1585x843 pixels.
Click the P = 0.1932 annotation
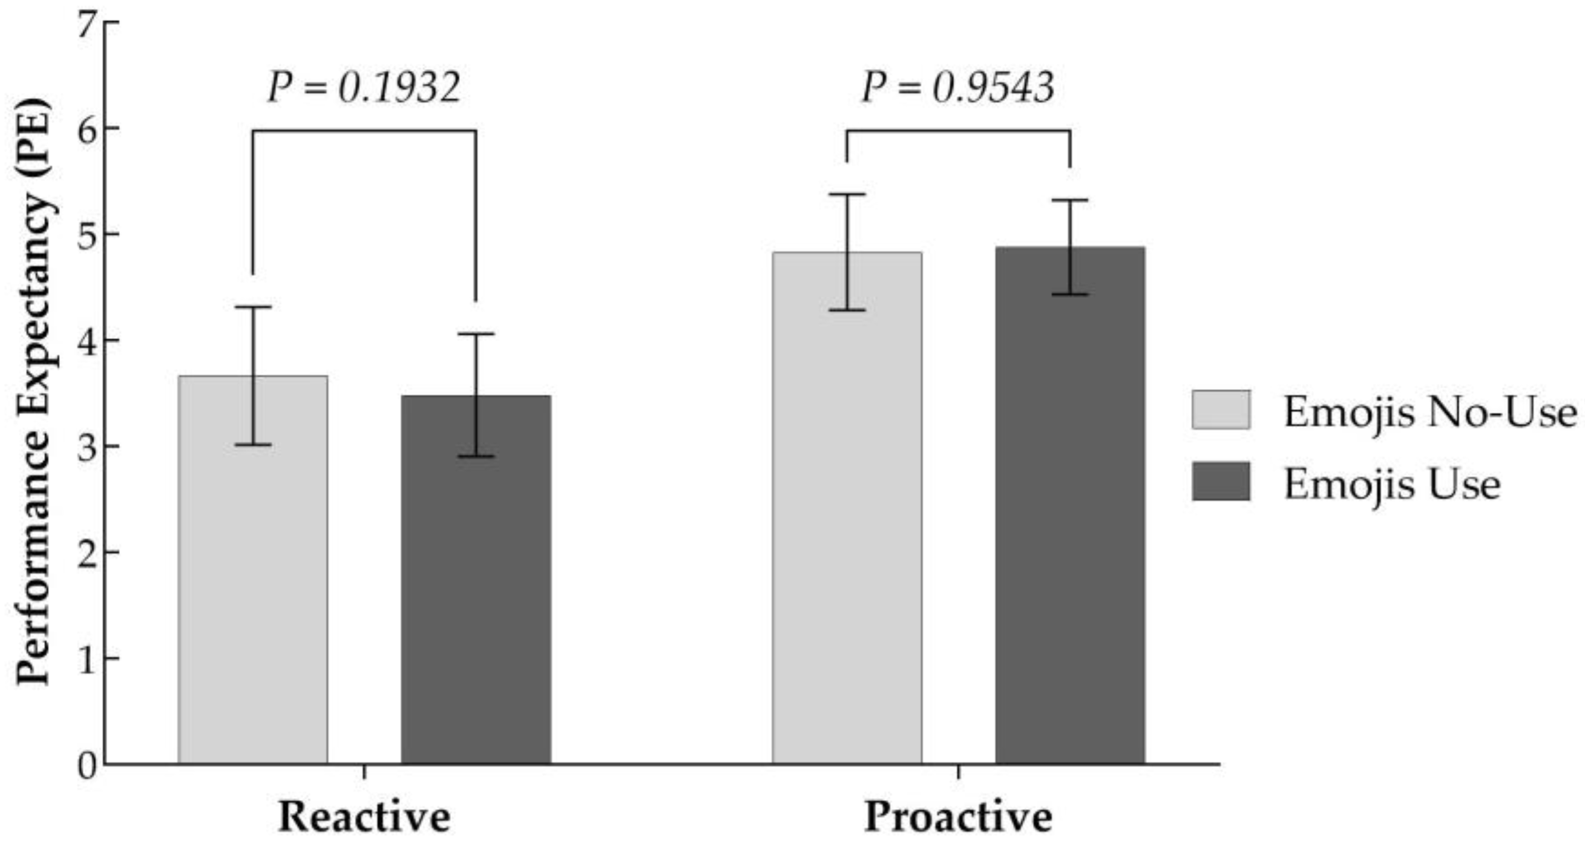point(364,88)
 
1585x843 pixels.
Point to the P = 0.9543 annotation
point(958,88)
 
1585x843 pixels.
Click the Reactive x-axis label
point(364,817)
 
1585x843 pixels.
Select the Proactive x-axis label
point(958,817)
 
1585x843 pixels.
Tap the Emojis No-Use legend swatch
point(1221,409)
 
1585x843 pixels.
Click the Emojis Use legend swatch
point(1221,481)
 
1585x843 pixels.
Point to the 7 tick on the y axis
point(88,22)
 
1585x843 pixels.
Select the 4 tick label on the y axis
point(88,340)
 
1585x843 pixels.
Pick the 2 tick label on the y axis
point(88,553)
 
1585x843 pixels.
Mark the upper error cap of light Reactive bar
point(252,306)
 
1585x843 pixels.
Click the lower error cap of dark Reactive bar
point(476,456)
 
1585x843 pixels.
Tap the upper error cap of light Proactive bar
point(847,194)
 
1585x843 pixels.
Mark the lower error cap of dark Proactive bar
point(1070,295)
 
